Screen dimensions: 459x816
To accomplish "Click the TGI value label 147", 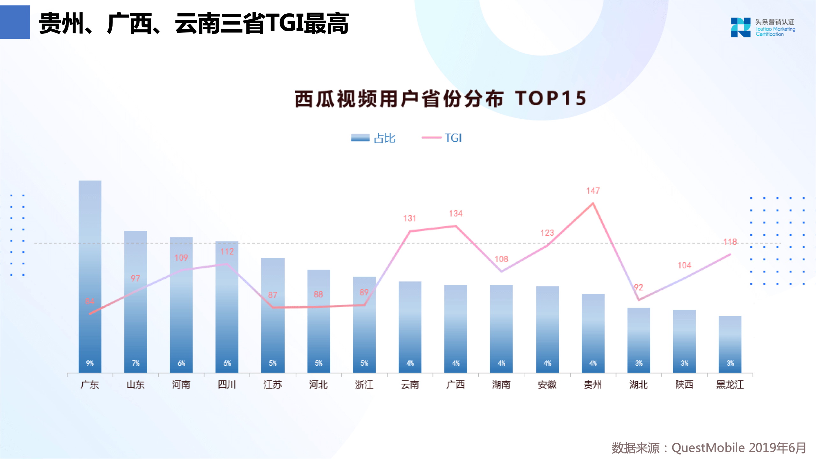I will (x=593, y=191).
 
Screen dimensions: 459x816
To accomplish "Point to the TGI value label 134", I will (x=455, y=214).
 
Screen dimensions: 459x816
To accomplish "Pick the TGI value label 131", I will (x=410, y=218).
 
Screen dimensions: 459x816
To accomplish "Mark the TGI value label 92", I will (x=638, y=288).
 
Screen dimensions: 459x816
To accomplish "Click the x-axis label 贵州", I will (x=593, y=385).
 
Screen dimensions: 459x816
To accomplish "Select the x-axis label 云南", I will (x=410, y=385).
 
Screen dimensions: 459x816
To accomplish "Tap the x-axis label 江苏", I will (x=273, y=385).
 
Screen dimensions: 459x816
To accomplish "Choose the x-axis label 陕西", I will (x=684, y=385).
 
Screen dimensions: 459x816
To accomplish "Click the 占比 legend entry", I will (x=373, y=138).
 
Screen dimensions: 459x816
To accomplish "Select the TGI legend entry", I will (x=442, y=138).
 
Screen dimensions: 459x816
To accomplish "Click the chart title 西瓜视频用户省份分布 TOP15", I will (x=440, y=98).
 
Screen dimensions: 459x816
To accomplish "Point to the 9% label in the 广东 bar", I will (x=90, y=363).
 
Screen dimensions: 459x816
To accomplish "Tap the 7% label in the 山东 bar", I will (x=135, y=363).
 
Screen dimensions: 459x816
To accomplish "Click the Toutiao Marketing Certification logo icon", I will (x=740, y=27).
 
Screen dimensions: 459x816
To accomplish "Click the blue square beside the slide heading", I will (x=15, y=22).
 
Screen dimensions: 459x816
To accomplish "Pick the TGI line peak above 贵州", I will (x=593, y=203).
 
